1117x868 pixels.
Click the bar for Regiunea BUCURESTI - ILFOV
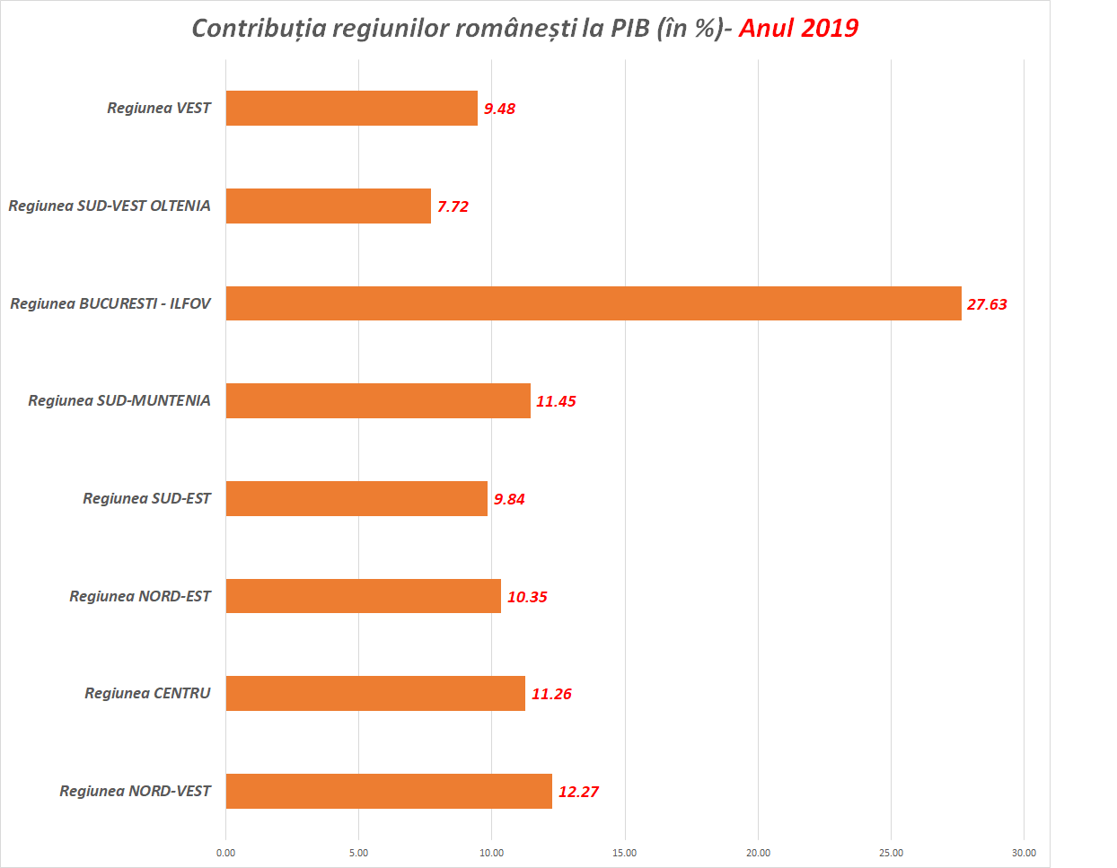(593, 303)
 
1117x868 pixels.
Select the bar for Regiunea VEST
(351, 108)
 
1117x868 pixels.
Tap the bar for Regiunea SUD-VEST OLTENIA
(328, 206)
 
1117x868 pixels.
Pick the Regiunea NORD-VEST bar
(389, 791)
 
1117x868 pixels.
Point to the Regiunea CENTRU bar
(375, 693)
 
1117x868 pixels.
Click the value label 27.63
(987, 304)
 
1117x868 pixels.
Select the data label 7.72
(453, 206)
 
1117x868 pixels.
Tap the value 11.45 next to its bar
(556, 401)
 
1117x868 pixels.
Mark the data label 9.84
(509, 499)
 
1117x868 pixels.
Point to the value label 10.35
(527, 597)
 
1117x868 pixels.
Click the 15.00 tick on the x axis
(624, 853)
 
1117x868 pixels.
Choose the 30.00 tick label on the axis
(1024, 853)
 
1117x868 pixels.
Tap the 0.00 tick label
(225, 853)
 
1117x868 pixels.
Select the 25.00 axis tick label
(891, 853)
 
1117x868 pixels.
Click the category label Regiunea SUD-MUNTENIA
(119, 400)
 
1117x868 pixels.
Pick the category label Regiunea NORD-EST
(140, 596)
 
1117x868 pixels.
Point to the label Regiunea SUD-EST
(146, 498)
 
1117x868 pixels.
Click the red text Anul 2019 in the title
(798, 28)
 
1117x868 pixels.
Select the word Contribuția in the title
(259, 28)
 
